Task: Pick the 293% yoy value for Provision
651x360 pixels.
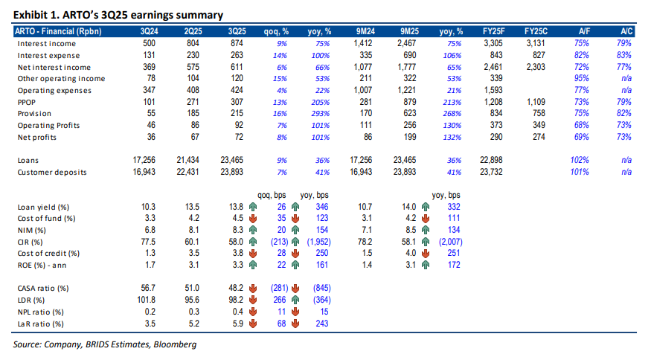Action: (323, 114)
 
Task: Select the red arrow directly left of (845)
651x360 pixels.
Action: (300, 288)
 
